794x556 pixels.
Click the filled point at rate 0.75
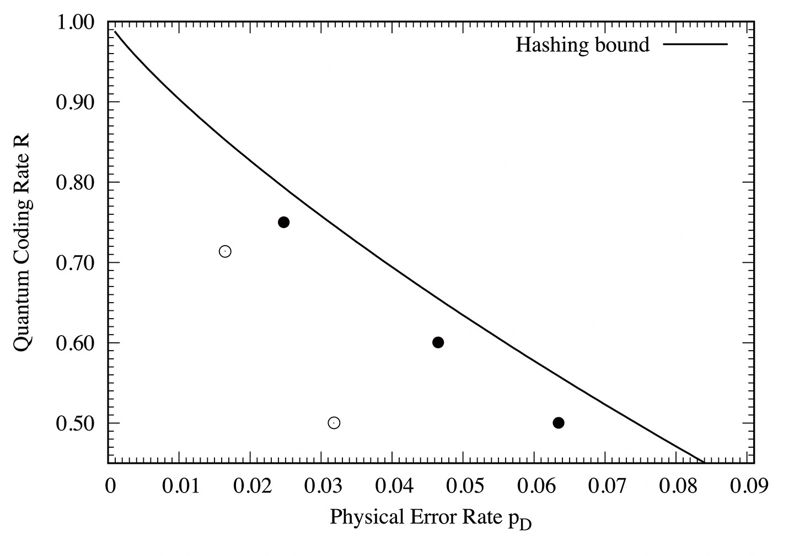click(x=284, y=223)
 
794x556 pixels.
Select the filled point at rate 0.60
click(x=438, y=342)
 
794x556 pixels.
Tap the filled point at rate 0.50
click(x=559, y=423)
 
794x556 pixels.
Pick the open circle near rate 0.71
click(x=225, y=251)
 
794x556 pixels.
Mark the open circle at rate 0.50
click(x=334, y=423)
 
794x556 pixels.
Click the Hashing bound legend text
click(x=582, y=45)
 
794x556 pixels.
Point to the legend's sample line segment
click(x=695, y=44)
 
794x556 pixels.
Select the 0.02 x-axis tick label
click(x=250, y=485)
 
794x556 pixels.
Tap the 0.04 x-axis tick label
click(x=392, y=485)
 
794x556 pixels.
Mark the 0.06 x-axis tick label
click(x=534, y=485)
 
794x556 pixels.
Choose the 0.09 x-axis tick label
click(x=747, y=485)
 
